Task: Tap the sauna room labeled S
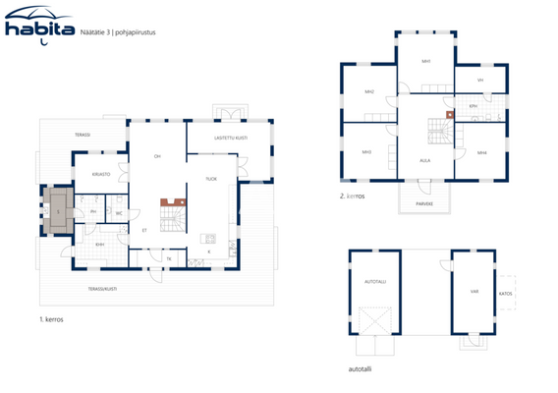point(58,210)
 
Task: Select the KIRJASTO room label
point(100,174)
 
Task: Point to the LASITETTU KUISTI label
point(230,138)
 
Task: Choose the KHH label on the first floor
point(100,245)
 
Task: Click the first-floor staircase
point(172,213)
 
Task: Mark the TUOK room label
point(210,178)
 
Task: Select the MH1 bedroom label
point(426,61)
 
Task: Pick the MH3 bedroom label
point(366,152)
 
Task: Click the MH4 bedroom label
point(482,152)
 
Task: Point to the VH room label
point(480,80)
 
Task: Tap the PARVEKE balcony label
point(425,204)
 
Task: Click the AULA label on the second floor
point(425,159)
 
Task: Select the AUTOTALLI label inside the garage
point(374,280)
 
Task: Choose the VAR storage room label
point(474,291)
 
